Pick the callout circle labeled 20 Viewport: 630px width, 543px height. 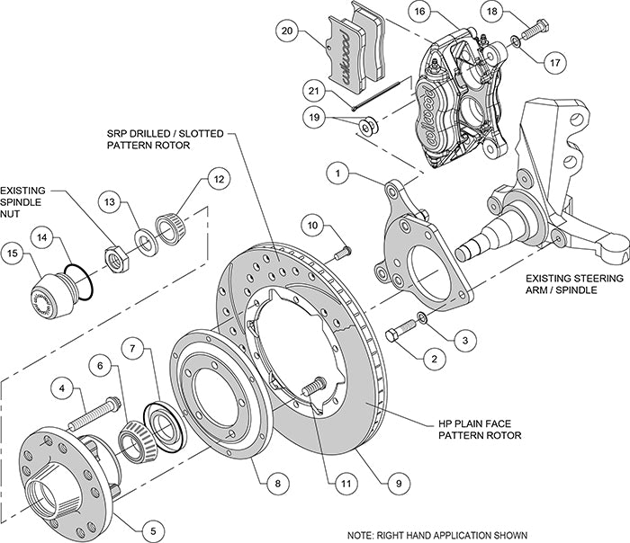[x=286, y=31]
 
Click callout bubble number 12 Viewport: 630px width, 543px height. [x=216, y=178]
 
